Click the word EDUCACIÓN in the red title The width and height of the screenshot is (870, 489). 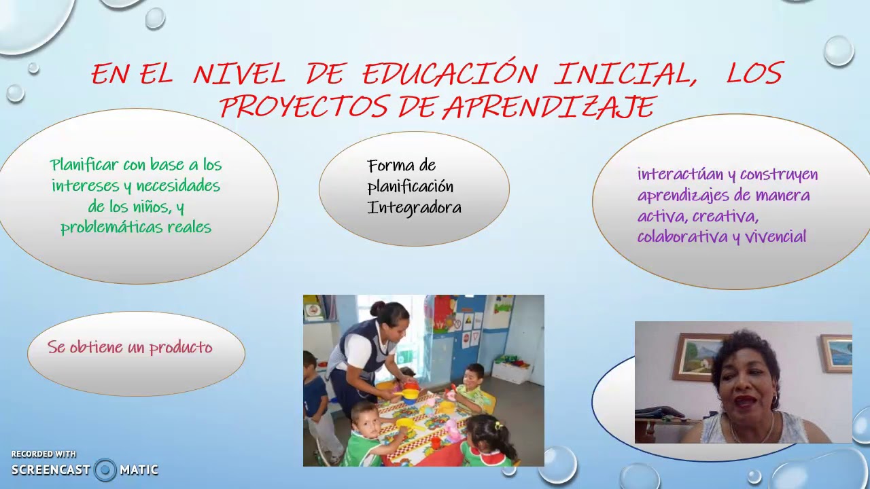click(x=449, y=73)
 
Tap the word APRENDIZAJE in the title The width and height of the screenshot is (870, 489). click(x=549, y=107)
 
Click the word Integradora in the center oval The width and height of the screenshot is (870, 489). click(x=414, y=208)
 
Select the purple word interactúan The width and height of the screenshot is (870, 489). click(x=680, y=175)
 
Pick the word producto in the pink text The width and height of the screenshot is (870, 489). click(x=181, y=348)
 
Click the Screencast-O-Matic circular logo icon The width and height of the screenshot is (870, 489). click(x=105, y=469)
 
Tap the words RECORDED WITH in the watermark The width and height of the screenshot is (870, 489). click(x=43, y=454)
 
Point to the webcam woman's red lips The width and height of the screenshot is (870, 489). click(x=744, y=401)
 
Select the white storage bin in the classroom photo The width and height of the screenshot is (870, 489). click(x=511, y=371)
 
